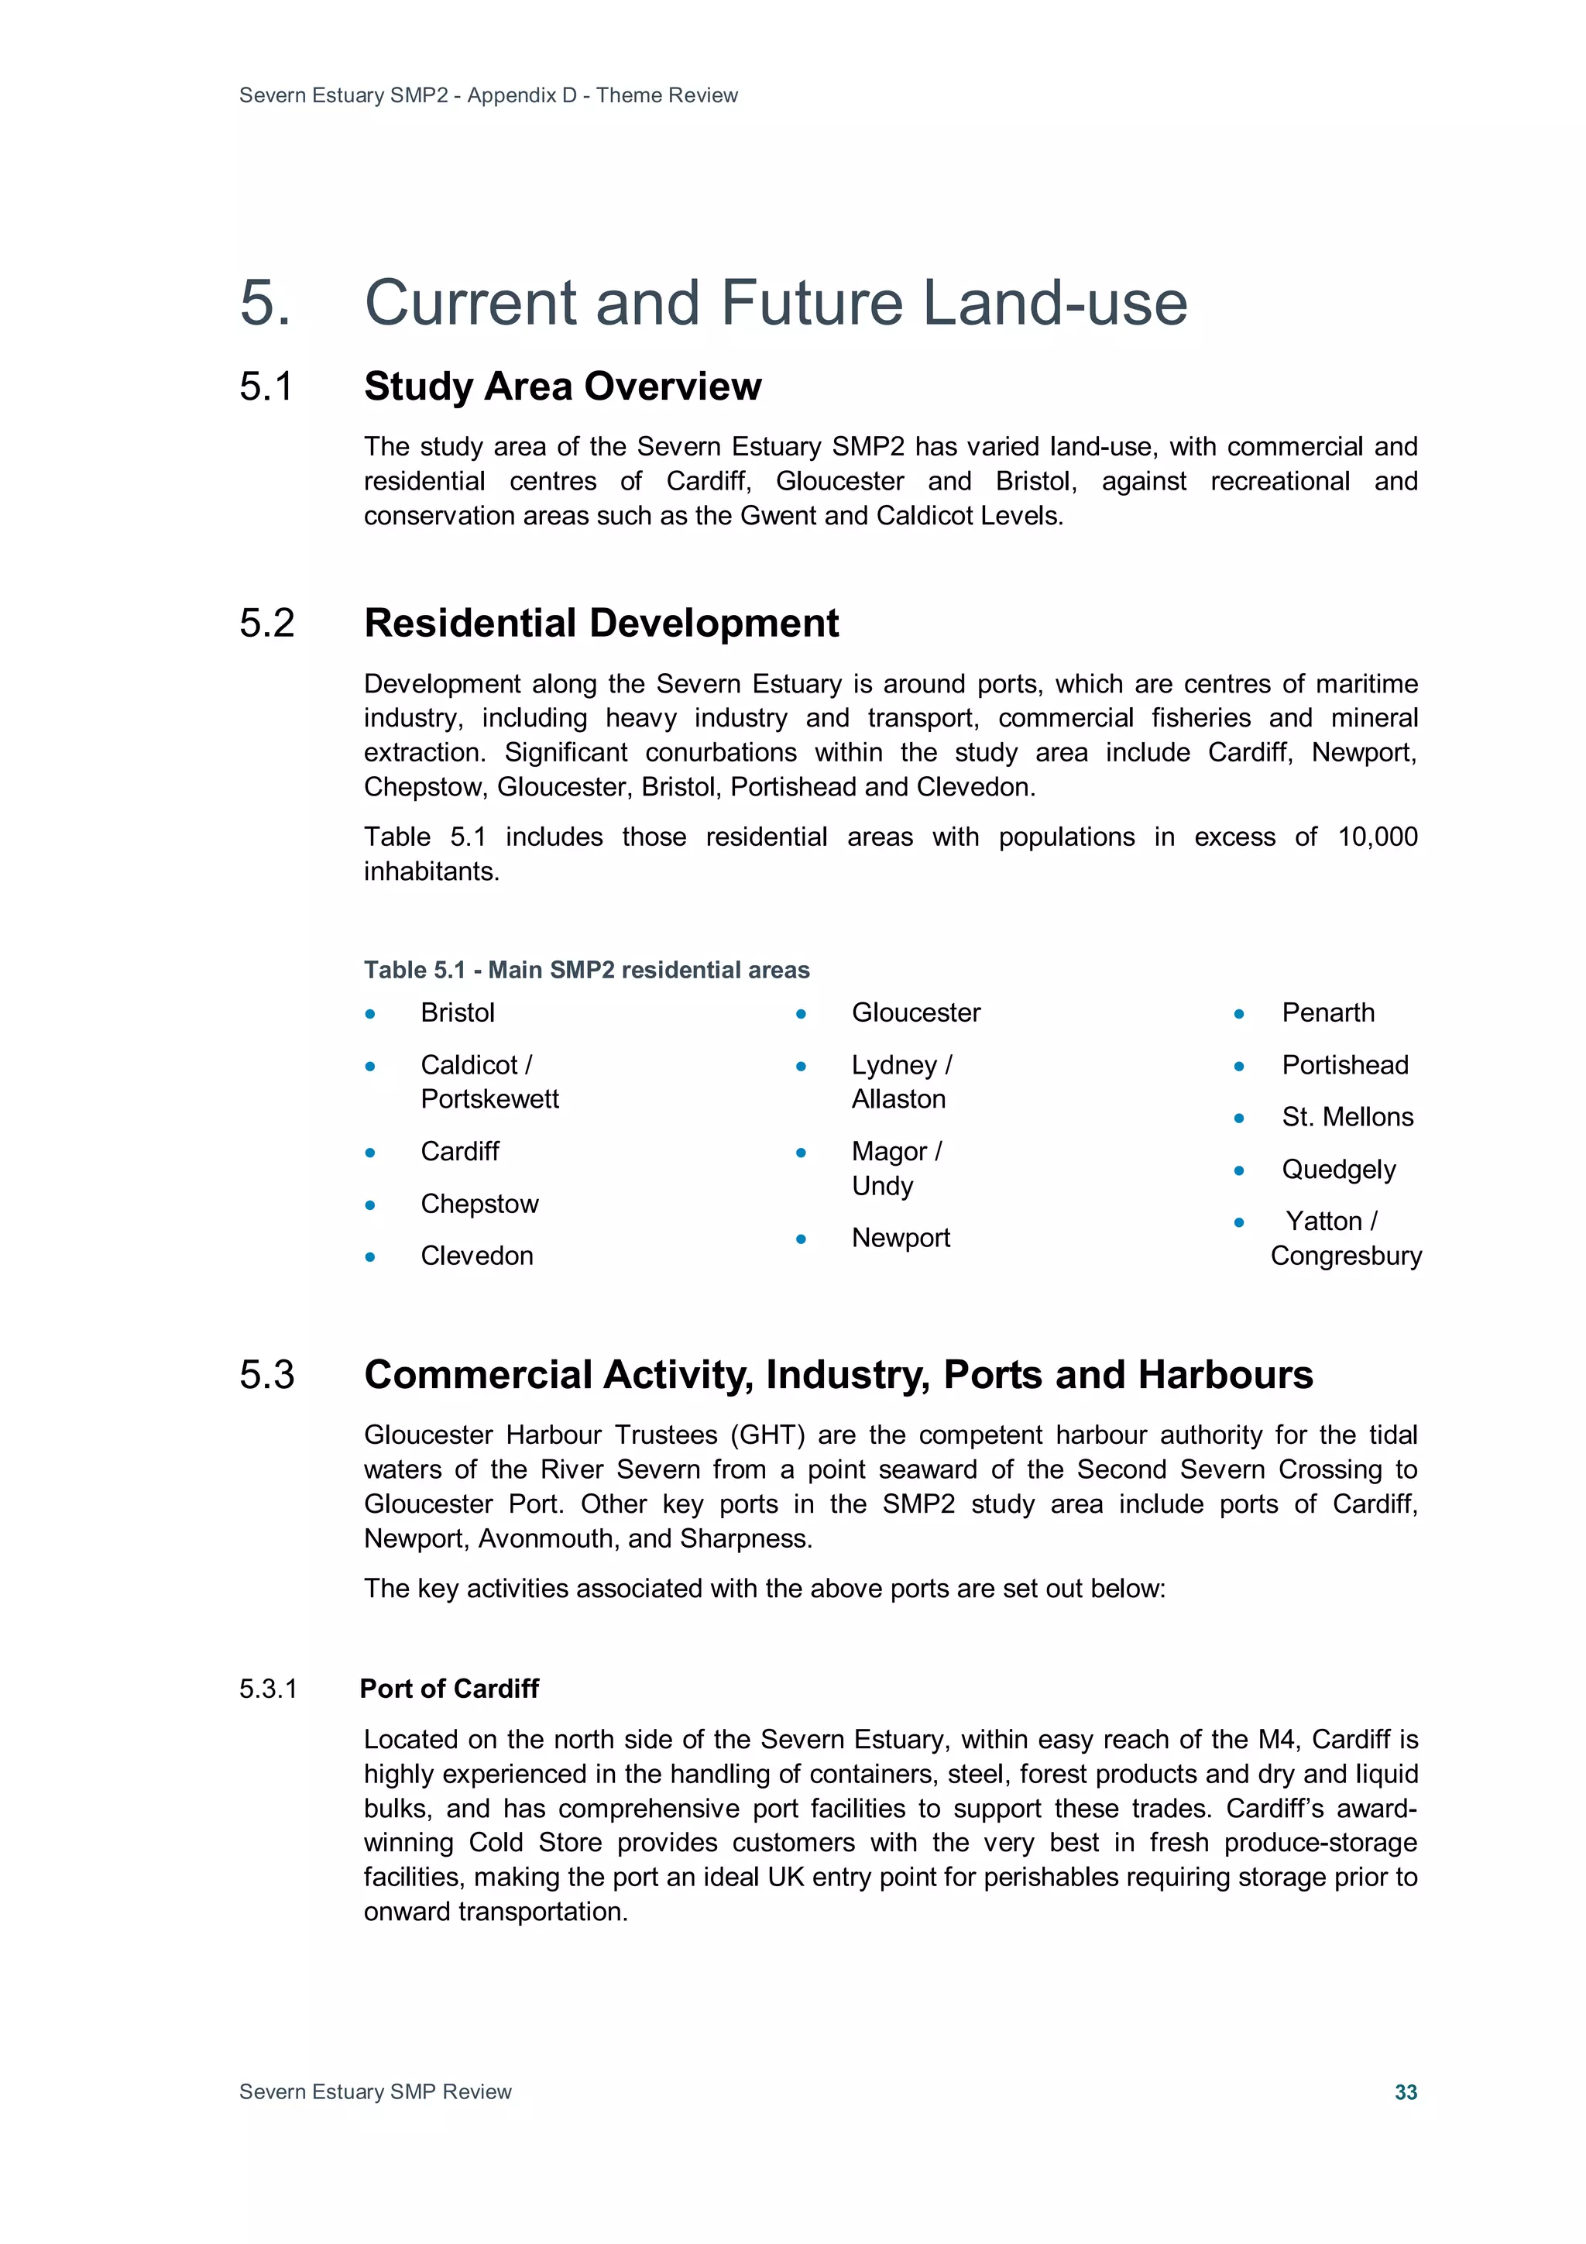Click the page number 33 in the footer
(1406, 2091)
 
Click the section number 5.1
(266, 387)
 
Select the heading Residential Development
(601, 624)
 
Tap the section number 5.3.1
(268, 1689)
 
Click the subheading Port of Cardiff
(448, 1689)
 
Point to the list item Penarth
(1327, 1012)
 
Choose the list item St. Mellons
(1347, 1117)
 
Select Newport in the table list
(900, 1239)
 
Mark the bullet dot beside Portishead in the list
(1238, 1067)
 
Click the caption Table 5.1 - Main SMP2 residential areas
(586, 970)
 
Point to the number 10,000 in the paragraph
(1377, 837)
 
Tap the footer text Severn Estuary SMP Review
(376, 2091)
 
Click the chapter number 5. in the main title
(265, 303)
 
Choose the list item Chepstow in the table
(479, 1204)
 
